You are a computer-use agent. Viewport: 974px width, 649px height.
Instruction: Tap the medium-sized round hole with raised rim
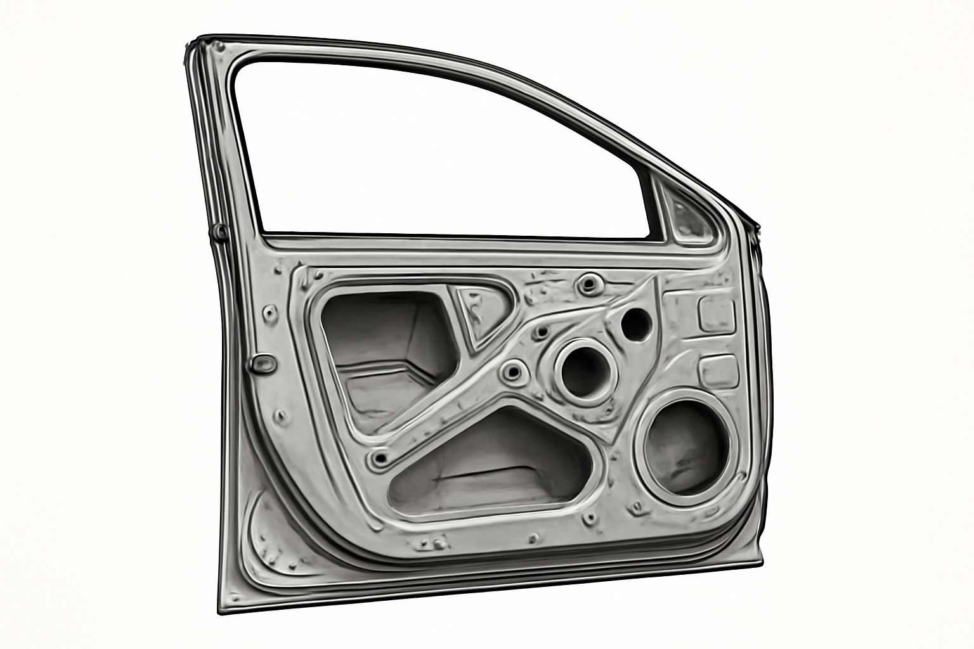pyautogui.click(x=584, y=371)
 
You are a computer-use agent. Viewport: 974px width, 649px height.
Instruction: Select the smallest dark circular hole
pyautogui.click(x=635, y=324)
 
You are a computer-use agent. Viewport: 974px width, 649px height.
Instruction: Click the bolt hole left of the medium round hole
pyautogui.click(x=512, y=371)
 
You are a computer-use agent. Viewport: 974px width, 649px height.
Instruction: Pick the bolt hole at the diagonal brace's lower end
pyautogui.click(x=380, y=458)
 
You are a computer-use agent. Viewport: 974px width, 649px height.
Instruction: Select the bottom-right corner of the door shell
pyautogui.click(x=761, y=558)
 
